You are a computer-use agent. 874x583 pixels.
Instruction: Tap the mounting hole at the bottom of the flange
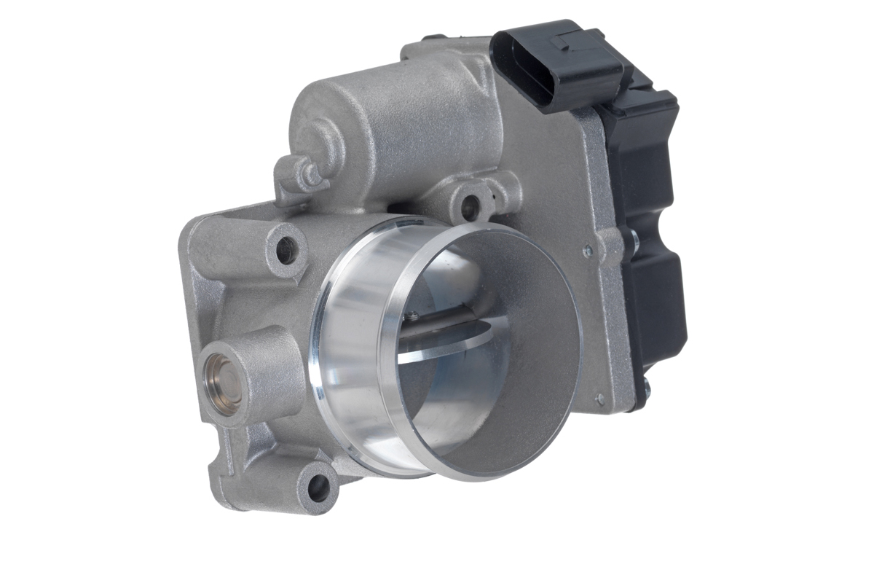[318, 486]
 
